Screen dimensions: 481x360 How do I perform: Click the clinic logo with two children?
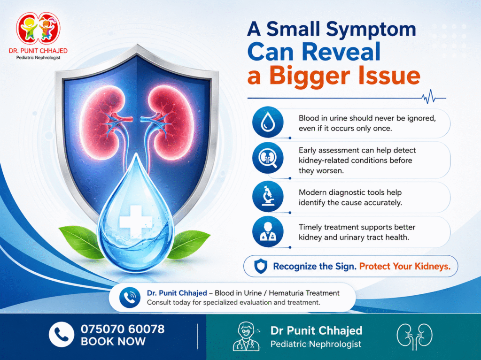click(x=39, y=29)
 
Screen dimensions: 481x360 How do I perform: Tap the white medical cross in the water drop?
click(x=135, y=222)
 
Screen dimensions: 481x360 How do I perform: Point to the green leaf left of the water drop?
click(x=81, y=241)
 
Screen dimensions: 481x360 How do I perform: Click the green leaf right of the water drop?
click(x=189, y=244)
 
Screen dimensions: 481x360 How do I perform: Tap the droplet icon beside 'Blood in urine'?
click(x=268, y=122)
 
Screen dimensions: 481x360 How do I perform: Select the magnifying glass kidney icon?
click(x=268, y=158)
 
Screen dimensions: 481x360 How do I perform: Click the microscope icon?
click(x=268, y=197)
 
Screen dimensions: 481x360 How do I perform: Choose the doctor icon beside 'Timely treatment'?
click(x=268, y=231)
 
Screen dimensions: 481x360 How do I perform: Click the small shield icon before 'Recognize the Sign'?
click(x=261, y=266)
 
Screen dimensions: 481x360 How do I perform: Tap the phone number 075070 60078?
click(x=123, y=329)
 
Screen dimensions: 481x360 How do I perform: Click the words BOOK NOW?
click(x=113, y=341)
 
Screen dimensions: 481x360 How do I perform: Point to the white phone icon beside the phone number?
click(x=62, y=335)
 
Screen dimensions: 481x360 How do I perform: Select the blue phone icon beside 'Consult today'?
click(x=130, y=298)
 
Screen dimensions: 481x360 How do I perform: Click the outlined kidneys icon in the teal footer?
click(x=414, y=336)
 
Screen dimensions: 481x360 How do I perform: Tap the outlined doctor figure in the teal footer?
click(x=246, y=337)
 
